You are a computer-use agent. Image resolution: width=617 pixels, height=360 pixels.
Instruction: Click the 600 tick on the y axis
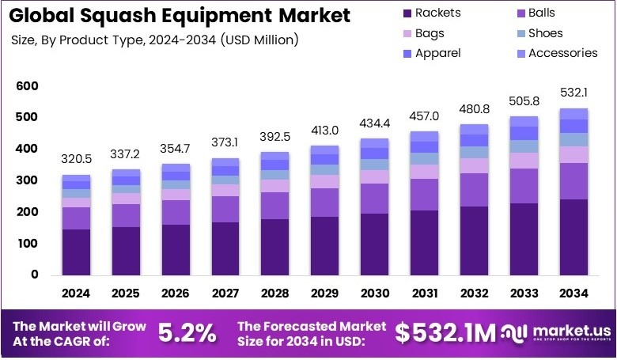(x=27, y=85)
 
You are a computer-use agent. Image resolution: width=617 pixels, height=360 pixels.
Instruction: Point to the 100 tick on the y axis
(x=27, y=244)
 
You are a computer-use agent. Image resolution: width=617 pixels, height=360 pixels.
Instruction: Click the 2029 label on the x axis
(x=324, y=294)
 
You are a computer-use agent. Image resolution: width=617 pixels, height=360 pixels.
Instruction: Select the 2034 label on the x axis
(x=573, y=294)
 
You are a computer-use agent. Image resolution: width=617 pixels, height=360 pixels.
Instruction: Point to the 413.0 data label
(x=324, y=129)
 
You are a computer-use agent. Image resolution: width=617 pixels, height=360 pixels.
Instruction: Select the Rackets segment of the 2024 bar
(x=77, y=252)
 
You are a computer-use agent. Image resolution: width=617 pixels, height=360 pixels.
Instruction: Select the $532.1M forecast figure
(x=445, y=333)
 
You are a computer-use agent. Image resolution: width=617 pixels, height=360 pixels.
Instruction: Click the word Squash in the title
(x=123, y=15)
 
